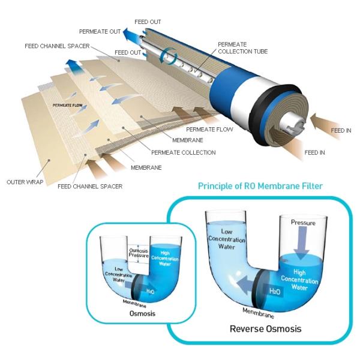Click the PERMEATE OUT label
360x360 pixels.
point(100,31)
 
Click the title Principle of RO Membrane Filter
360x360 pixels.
point(260,186)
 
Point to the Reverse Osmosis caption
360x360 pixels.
point(265,328)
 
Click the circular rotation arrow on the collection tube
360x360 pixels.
point(171,57)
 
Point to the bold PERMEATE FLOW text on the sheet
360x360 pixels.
point(67,105)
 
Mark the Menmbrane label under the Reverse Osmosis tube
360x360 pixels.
point(259,314)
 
